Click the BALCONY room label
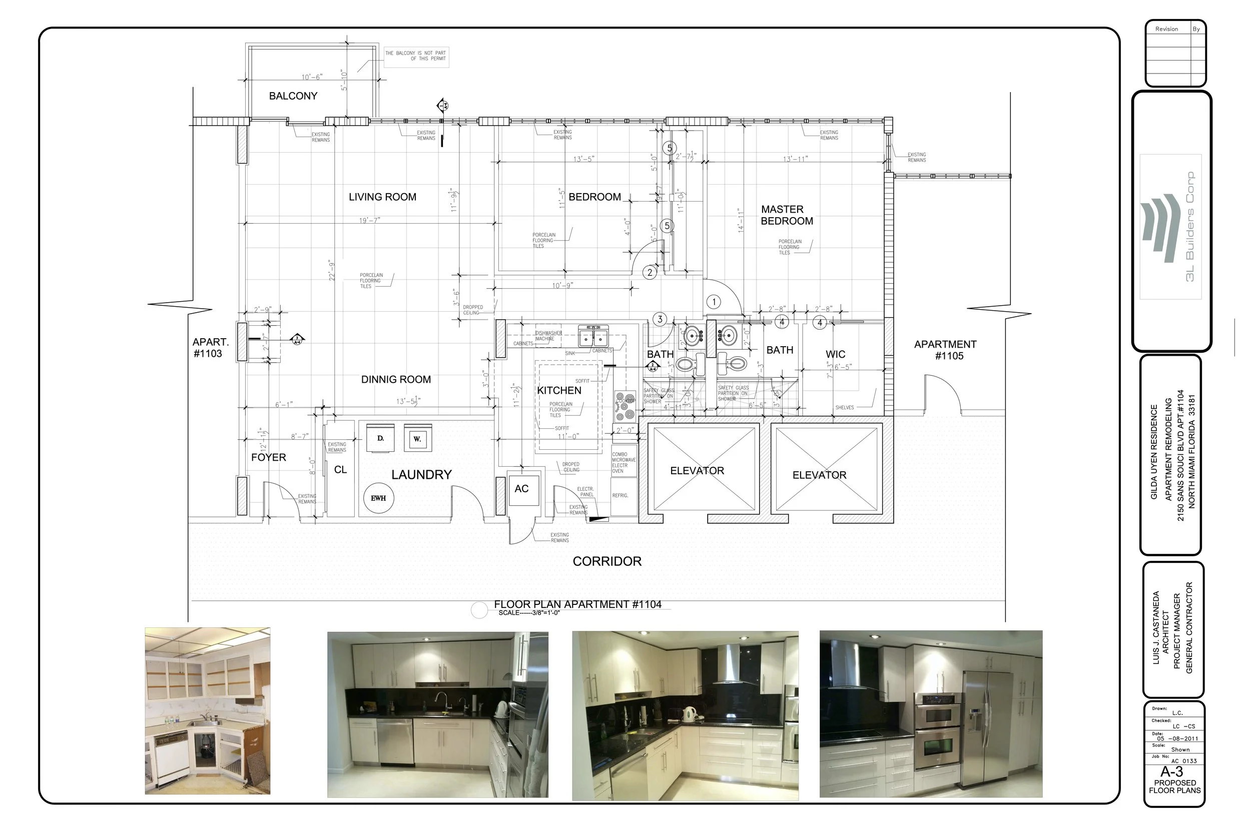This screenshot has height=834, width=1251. (x=293, y=96)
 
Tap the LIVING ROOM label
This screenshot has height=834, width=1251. (x=382, y=197)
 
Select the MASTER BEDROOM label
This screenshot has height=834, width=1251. (x=787, y=216)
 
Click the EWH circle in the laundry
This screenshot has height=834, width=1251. (x=378, y=498)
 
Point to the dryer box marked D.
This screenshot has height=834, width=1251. (x=380, y=438)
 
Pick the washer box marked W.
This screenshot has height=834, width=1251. (x=417, y=439)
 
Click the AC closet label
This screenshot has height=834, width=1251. (x=521, y=489)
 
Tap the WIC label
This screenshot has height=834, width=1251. (x=835, y=354)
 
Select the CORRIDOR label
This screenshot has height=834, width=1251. (x=607, y=561)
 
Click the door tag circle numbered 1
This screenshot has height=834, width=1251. (x=714, y=302)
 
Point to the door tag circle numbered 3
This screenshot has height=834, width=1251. (x=660, y=319)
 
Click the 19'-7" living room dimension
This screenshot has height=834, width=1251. (x=370, y=220)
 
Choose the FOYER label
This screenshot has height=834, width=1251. (x=269, y=457)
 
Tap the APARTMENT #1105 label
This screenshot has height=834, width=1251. (x=945, y=350)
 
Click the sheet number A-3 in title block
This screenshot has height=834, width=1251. (x=1172, y=772)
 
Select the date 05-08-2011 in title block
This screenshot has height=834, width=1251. (x=1176, y=738)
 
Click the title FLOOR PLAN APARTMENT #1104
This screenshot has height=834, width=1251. (x=577, y=605)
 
